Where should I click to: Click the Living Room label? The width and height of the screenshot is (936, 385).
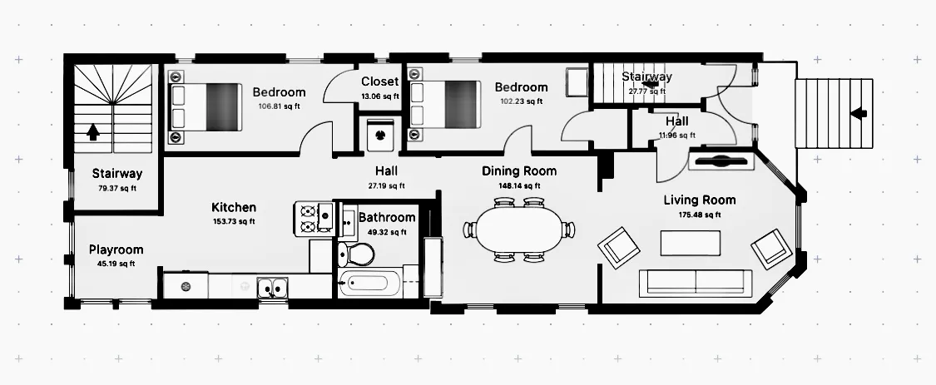699,200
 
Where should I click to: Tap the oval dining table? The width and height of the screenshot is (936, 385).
518,230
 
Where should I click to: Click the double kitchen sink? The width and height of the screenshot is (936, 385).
272,289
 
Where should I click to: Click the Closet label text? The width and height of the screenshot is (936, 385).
379,81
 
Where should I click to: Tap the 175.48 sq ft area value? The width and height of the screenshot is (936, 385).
699,215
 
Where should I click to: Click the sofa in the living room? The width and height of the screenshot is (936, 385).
695,283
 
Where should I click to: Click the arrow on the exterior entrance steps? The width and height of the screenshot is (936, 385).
859,112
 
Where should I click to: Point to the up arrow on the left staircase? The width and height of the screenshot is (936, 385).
92,131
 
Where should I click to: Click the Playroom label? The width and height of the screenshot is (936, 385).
116,249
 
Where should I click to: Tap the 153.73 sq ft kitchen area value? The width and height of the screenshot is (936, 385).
234,221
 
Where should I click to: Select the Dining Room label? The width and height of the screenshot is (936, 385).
519,171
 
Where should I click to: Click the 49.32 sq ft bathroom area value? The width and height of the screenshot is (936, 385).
386,232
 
